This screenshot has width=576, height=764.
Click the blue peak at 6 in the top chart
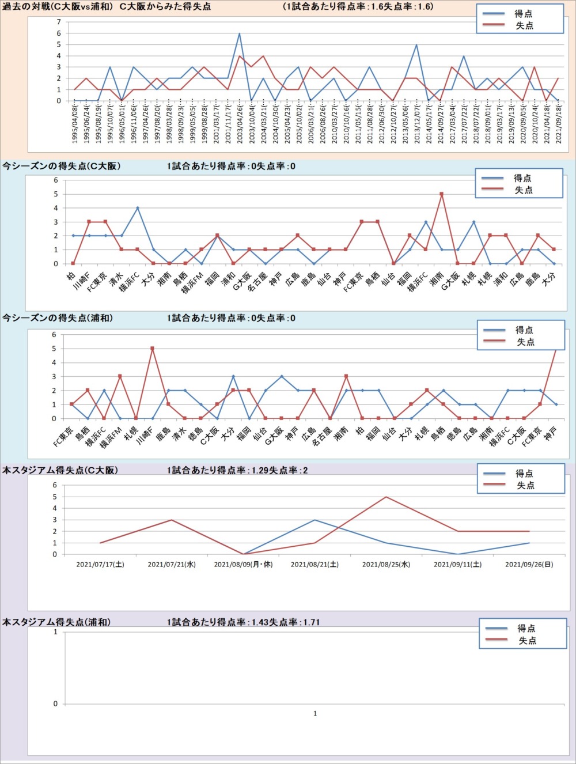click(x=240, y=33)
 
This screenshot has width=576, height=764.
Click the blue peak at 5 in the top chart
click(x=416, y=45)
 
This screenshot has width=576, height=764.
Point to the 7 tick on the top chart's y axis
click(x=59, y=22)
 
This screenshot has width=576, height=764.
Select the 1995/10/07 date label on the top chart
click(x=110, y=124)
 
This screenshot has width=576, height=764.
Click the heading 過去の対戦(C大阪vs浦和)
click(x=58, y=7)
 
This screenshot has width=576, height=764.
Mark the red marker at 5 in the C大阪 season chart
click(x=442, y=194)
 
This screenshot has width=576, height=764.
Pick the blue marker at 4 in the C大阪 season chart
click(x=138, y=208)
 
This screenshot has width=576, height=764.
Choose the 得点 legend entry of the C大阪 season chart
click(x=522, y=178)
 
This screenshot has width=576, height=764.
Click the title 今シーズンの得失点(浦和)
click(x=58, y=318)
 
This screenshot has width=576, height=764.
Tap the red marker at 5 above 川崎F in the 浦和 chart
click(x=152, y=349)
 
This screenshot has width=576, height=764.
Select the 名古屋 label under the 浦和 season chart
click(x=322, y=437)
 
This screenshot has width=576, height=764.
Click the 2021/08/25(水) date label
click(x=386, y=565)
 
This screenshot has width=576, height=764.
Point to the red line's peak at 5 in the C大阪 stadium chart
click(x=386, y=497)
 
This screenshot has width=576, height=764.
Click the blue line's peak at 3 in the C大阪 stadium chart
click(x=314, y=520)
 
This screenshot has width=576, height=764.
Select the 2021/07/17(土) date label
click(x=100, y=565)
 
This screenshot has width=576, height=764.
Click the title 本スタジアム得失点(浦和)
click(x=56, y=622)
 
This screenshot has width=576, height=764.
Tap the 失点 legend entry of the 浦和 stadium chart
click(x=527, y=641)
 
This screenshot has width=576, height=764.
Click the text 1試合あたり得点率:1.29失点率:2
click(x=237, y=470)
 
